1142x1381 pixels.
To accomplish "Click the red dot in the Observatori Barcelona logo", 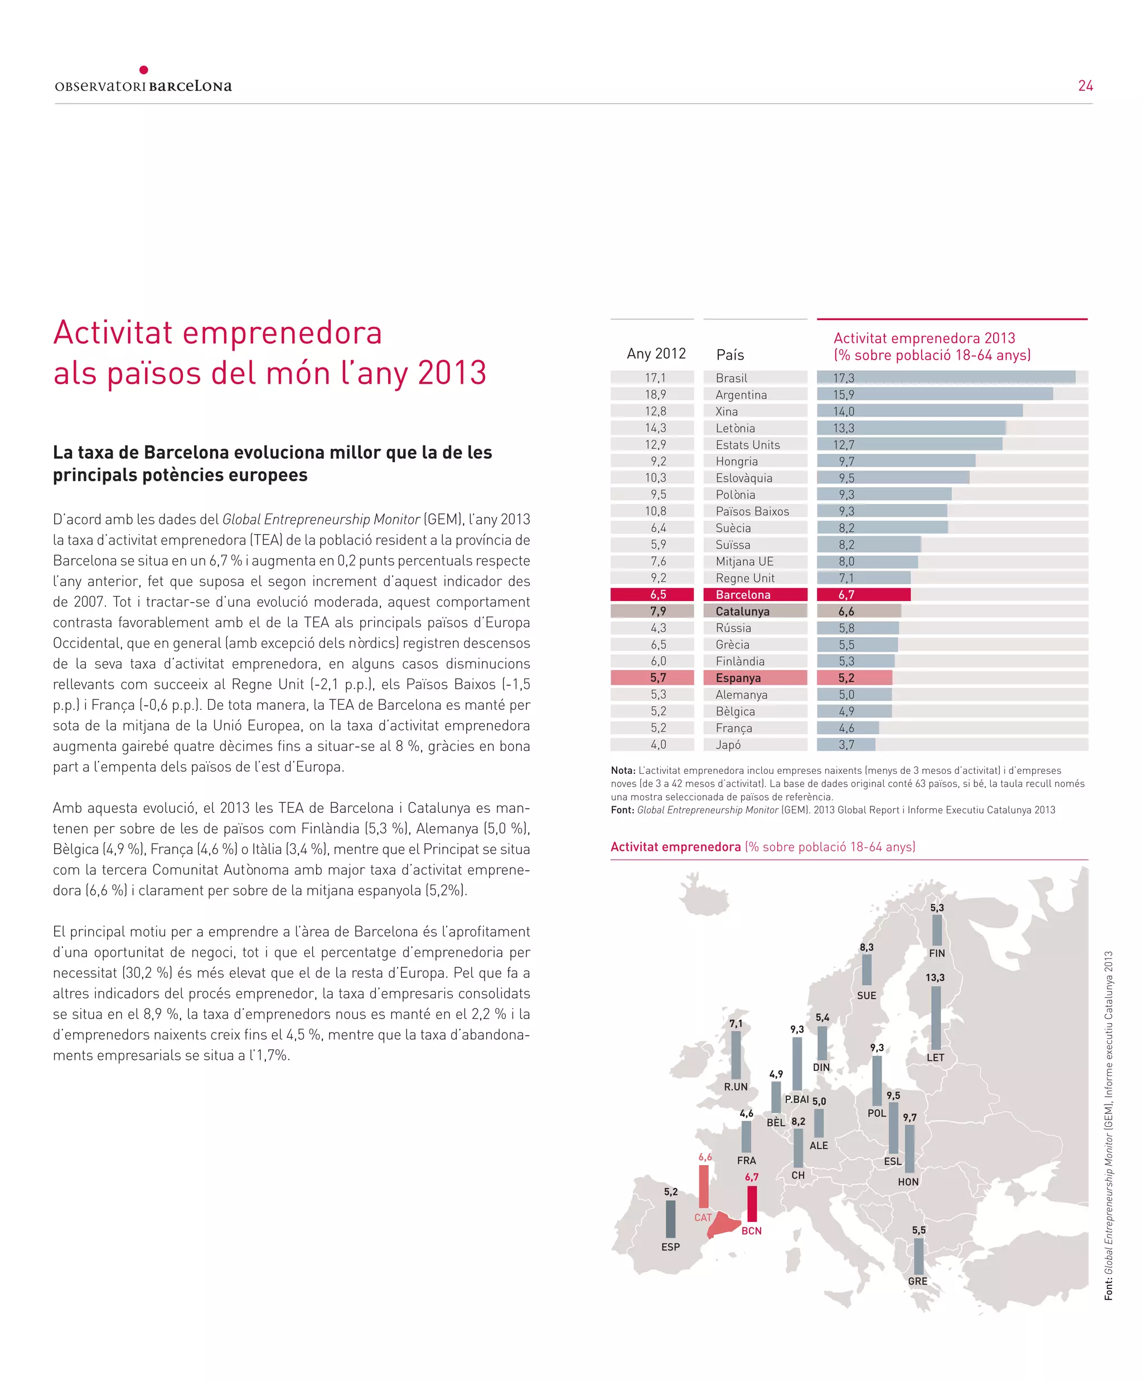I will [x=143, y=70].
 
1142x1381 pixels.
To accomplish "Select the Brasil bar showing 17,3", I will [x=946, y=377].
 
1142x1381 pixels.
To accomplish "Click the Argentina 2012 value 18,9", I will [x=655, y=395].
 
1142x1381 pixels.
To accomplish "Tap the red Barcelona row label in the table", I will [x=743, y=594].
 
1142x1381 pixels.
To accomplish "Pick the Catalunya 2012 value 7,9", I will [x=658, y=611].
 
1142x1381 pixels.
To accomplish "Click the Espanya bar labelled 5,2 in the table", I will [x=854, y=677].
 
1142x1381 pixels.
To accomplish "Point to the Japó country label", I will [x=728, y=744].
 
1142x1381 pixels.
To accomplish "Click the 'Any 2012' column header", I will [x=656, y=354].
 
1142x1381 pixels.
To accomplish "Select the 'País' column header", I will [x=730, y=355].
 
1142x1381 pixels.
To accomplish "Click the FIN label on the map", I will [x=937, y=953].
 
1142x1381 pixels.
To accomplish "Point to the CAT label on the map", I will [x=703, y=1217].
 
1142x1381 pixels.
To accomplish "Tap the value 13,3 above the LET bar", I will [x=935, y=977].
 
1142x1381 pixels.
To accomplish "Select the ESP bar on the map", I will [x=670, y=1219].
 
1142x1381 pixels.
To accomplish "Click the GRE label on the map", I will [x=918, y=1281].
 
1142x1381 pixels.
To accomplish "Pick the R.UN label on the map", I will [x=735, y=1087].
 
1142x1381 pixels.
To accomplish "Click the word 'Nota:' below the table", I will [x=623, y=770].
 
